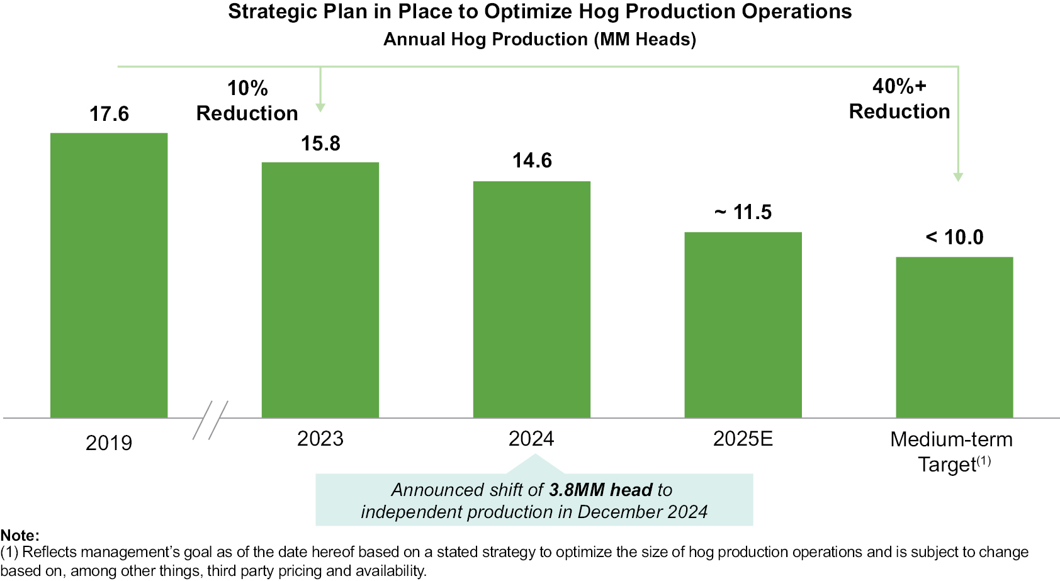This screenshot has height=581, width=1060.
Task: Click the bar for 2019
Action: click(x=109, y=275)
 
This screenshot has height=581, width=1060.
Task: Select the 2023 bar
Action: click(x=320, y=290)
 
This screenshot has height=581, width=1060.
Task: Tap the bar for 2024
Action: click(x=532, y=299)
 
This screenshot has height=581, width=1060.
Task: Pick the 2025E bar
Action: click(x=743, y=325)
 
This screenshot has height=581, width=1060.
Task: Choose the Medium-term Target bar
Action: click(x=954, y=337)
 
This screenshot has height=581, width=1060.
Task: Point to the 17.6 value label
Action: click(x=109, y=114)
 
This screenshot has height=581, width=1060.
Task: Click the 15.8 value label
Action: click(x=320, y=144)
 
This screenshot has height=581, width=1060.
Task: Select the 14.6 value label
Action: click(x=532, y=161)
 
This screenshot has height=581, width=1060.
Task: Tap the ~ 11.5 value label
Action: click(x=743, y=212)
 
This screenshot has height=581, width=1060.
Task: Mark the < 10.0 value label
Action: click(x=954, y=237)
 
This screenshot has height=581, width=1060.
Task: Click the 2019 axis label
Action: click(x=109, y=443)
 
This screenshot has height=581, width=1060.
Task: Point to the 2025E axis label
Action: click(x=743, y=439)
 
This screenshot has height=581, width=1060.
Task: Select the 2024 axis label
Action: click(x=531, y=439)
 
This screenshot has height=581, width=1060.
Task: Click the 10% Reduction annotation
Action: click(x=247, y=101)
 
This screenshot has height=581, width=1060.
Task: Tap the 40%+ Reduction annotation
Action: click(x=899, y=99)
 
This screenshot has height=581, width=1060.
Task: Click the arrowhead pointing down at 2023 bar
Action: click(x=320, y=108)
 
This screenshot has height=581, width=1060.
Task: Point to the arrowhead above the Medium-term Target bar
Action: click(x=958, y=177)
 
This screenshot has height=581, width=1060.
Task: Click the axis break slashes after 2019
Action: click(x=210, y=420)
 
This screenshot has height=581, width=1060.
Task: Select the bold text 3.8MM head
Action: click(x=600, y=490)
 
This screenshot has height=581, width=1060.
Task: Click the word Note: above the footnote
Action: click(x=20, y=536)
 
